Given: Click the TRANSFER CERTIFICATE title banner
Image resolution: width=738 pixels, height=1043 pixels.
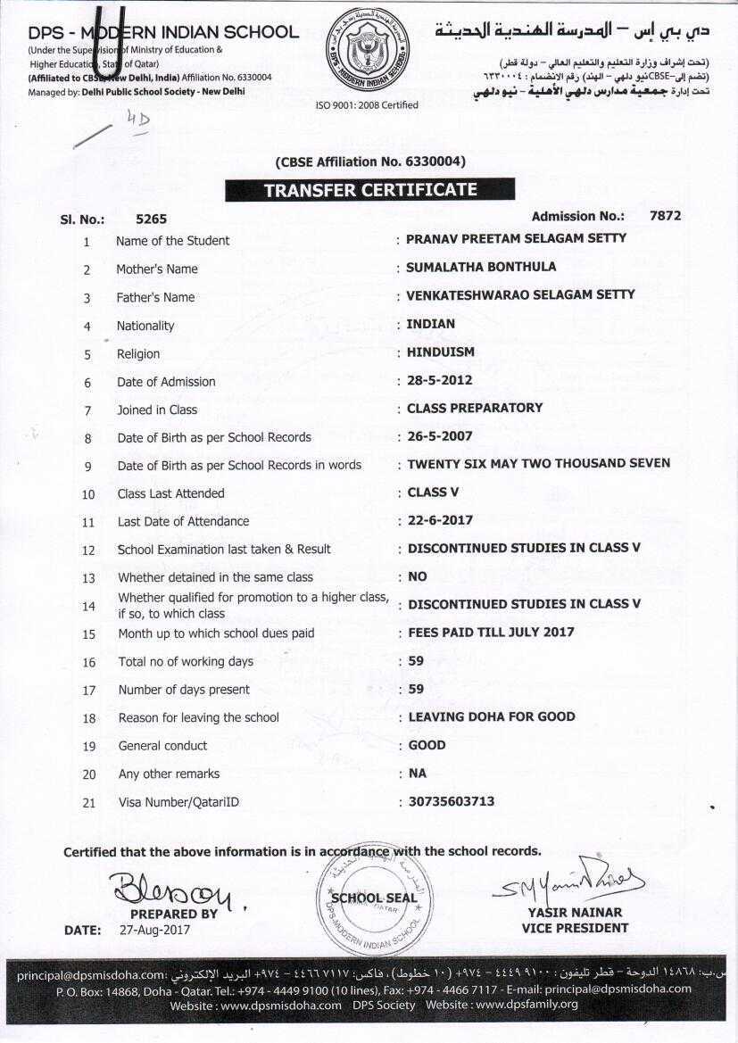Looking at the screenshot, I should click(369, 190).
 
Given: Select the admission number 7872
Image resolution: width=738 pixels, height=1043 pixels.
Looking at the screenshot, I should click(666, 216).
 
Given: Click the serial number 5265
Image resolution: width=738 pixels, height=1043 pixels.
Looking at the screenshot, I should click(151, 219).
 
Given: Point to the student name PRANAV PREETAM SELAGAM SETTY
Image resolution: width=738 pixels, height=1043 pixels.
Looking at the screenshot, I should click(516, 238).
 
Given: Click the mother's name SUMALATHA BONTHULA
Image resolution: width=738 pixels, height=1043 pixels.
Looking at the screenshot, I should click(480, 267).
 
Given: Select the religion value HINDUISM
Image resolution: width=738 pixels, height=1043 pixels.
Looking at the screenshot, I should click(441, 352).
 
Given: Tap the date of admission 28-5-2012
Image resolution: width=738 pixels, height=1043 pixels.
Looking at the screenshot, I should click(439, 380).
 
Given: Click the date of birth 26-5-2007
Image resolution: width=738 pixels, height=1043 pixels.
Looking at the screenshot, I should click(440, 436).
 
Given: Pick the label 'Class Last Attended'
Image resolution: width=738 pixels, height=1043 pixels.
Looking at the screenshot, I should click(170, 493).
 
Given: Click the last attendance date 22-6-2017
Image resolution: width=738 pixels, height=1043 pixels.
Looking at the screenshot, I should click(440, 519).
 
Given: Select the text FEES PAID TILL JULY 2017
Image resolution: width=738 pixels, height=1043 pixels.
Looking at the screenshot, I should click(491, 632).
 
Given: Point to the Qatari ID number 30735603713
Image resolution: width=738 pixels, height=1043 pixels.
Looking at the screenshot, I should click(451, 801).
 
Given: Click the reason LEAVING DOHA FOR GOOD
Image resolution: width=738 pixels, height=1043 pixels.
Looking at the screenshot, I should click(492, 716).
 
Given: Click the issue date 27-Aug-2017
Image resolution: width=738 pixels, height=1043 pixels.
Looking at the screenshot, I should click(154, 930).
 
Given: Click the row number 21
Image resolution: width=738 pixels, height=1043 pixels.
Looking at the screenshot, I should click(88, 802).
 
